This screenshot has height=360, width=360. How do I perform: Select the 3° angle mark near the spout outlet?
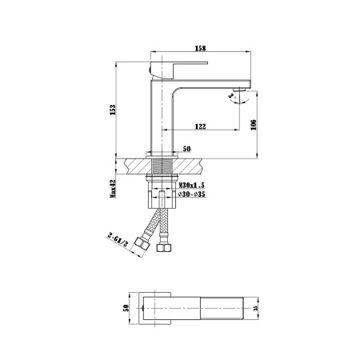tap(234, 100)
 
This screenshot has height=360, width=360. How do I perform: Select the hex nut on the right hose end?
tap(165, 248)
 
